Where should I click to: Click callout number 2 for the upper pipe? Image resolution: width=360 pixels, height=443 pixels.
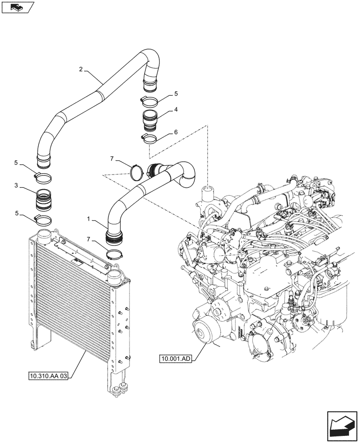click(x=81, y=70)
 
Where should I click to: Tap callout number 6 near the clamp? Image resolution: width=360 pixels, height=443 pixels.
click(x=176, y=132)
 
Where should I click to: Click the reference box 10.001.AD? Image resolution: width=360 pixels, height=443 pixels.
click(x=176, y=358)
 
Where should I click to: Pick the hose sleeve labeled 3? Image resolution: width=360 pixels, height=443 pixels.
click(x=43, y=201)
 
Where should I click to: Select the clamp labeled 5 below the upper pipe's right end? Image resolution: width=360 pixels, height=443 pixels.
click(x=149, y=101)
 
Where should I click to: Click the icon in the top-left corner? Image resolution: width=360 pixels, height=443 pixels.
click(x=17, y=7)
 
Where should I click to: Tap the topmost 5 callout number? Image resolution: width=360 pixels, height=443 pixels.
click(x=176, y=93)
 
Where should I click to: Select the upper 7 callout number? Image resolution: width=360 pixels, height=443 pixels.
click(x=112, y=158)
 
